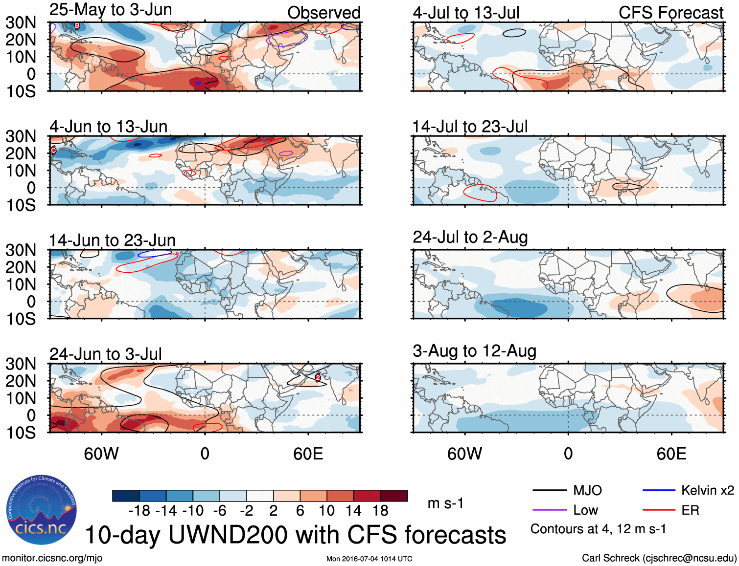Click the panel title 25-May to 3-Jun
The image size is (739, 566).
(x=111, y=10)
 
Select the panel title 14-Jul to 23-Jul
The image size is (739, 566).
(x=470, y=127)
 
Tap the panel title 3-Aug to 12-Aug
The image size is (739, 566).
(x=474, y=351)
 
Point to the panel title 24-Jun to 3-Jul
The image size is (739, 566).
(x=105, y=354)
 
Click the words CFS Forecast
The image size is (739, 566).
(x=670, y=13)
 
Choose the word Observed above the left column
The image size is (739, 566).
(x=323, y=13)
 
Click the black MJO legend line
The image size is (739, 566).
(x=549, y=490)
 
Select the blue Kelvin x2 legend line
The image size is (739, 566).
(x=659, y=490)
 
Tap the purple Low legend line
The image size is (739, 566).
(x=549, y=510)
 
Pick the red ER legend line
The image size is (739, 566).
(x=659, y=510)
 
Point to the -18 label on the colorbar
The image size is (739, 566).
(x=139, y=511)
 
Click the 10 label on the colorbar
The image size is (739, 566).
(x=326, y=511)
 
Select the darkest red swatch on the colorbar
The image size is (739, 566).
(x=394, y=496)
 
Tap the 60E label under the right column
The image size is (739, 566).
(x=671, y=454)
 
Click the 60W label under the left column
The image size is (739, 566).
(x=101, y=454)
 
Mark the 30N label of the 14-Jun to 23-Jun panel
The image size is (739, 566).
(x=21, y=250)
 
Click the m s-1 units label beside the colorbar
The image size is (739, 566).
(x=445, y=503)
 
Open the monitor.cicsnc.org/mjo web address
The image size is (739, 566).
(x=52, y=558)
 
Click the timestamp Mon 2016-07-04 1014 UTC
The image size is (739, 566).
(x=369, y=559)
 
